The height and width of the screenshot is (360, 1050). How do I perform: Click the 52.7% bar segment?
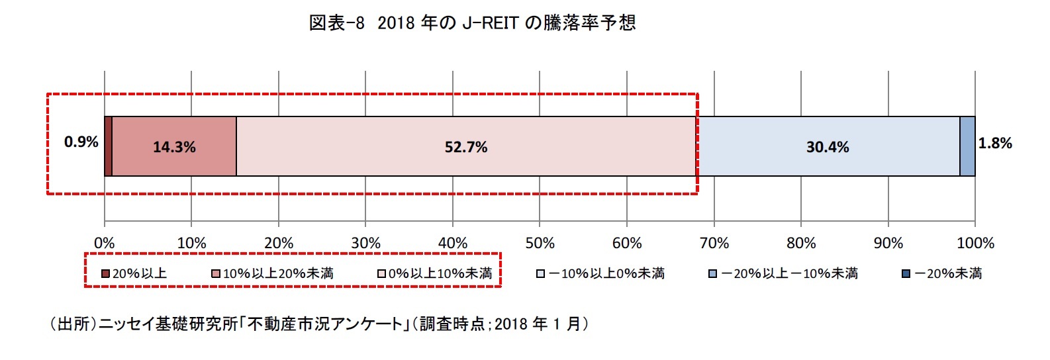tap(466, 147)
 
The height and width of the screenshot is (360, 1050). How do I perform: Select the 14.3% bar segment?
tap(174, 147)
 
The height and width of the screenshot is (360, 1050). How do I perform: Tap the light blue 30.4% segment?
tap(828, 147)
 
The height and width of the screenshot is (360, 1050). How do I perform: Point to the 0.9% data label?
tap(81, 142)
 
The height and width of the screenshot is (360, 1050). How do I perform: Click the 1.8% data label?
tap(995, 144)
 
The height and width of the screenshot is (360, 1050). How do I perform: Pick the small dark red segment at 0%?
tap(109, 147)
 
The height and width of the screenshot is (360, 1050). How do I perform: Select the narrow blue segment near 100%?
tap(967, 147)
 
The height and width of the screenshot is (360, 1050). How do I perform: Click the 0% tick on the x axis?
tap(104, 244)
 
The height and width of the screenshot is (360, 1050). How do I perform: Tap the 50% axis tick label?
tap(540, 244)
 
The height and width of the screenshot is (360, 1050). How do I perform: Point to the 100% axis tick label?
tap(975, 244)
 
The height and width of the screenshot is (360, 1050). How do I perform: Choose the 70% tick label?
tap(714, 244)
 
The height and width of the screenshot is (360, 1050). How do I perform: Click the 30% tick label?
tap(365, 244)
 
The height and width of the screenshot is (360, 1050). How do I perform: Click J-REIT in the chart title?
tap(490, 23)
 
